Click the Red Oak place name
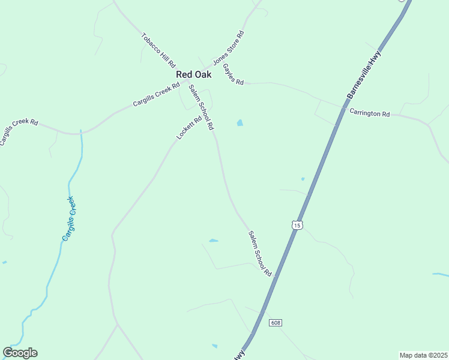pyautogui.click(x=193, y=75)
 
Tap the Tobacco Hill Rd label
pyautogui.click(x=158, y=50)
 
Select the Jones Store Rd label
pyautogui.click(x=229, y=48)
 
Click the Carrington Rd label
pyautogui.click(x=370, y=113)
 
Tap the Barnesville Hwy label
pyautogui.click(x=364, y=74)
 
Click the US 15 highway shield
pyautogui.click(x=297, y=225)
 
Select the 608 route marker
pyautogui.click(x=276, y=323)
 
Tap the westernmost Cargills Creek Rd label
pyautogui.click(x=18, y=131)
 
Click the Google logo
pyautogui.click(x=20, y=353)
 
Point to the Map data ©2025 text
pyautogui.click(x=423, y=355)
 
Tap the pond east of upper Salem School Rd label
pyautogui.click(x=240, y=123)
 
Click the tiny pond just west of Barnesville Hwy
pyautogui.click(x=303, y=179)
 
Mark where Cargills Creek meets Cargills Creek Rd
pyautogui.click(x=80, y=132)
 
